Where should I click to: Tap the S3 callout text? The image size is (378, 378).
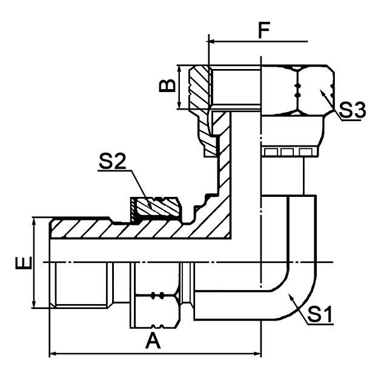click(x=353, y=110)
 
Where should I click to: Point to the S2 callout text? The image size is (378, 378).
click(x=111, y=162)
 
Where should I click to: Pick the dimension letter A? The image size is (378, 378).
click(x=153, y=342)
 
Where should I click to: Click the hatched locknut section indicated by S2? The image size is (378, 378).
click(x=156, y=208)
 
